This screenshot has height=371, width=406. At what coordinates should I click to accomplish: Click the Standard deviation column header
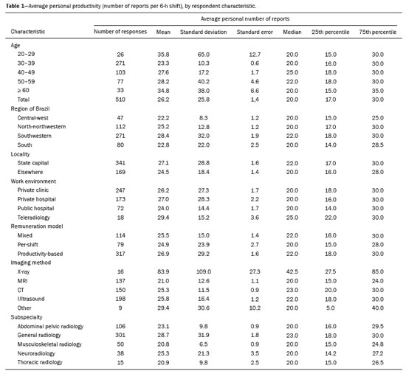click(203, 32)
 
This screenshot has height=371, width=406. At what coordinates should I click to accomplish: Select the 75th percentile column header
click(377, 32)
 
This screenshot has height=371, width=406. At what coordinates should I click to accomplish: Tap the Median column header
click(292, 32)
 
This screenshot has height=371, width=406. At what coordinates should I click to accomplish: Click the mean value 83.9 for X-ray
click(163, 271)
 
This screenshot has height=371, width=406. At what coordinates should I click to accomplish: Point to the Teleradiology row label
click(34, 218)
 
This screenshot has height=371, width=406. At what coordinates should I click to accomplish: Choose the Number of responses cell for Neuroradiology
click(120, 353)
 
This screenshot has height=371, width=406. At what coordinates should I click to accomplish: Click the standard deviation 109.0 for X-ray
click(204, 271)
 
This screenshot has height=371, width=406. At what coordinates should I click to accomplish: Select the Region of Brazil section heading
click(30, 108)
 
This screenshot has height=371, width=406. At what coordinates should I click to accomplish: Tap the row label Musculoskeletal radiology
click(49, 344)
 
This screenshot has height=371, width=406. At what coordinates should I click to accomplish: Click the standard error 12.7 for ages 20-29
click(255, 55)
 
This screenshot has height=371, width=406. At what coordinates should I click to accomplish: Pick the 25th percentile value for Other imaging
click(331, 308)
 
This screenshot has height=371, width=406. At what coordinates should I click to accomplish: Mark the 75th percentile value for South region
click(377, 145)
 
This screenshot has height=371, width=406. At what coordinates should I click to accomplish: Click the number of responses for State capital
click(120, 163)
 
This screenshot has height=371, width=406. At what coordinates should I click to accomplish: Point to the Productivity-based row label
click(40, 254)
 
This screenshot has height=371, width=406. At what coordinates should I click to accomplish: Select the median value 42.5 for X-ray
click(292, 271)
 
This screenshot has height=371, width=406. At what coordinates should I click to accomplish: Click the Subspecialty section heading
click(27, 317)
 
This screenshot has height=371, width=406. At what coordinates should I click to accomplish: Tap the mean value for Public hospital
click(163, 208)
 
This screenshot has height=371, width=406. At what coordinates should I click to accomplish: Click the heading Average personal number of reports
click(245, 18)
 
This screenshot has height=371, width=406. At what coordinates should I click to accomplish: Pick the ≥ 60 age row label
click(24, 90)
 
